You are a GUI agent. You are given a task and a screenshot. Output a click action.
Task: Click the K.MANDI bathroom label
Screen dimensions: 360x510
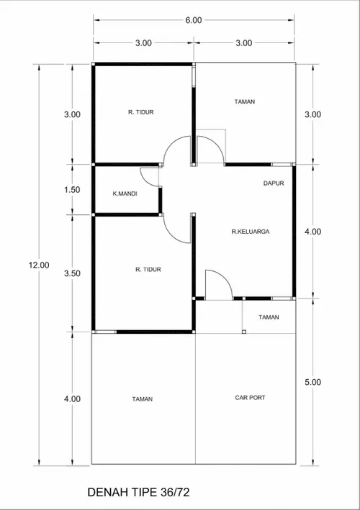tap(125, 193)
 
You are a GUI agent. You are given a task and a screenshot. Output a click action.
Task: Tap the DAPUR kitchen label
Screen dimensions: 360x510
tap(274, 183)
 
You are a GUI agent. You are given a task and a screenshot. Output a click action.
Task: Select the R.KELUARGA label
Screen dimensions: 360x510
tap(251, 232)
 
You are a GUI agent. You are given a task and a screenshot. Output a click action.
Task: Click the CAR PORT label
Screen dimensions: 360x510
tap(250, 398)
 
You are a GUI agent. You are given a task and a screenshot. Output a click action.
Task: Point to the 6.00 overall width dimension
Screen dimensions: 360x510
tap(194, 20)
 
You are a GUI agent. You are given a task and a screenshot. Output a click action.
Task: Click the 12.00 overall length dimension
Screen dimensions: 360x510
tap(39, 265)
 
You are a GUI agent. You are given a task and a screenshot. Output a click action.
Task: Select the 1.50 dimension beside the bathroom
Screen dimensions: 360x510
tap(72, 190)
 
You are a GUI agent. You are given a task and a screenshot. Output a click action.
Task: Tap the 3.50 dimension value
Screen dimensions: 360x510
tap(72, 273)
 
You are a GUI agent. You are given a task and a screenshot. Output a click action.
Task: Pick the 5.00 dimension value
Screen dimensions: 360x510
tap(312, 382)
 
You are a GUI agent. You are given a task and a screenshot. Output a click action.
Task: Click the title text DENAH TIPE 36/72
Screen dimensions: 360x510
tap(138, 492)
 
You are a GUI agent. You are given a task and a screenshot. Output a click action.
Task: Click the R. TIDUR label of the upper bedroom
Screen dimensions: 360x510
tap(141, 112)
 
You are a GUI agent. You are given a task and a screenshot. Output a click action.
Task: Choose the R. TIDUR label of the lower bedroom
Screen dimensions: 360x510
tap(148, 270)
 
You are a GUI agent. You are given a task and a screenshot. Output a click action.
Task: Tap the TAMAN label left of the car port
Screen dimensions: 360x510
tap(143, 399)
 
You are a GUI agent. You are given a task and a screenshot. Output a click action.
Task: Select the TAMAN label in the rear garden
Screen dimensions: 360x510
tap(245, 102)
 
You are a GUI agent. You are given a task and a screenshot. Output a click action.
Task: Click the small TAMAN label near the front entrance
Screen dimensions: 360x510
tap(269, 317)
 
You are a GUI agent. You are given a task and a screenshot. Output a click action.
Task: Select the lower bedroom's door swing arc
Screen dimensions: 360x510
tap(171, 234)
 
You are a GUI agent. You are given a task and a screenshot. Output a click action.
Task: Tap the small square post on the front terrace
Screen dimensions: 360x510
tap(244, 332)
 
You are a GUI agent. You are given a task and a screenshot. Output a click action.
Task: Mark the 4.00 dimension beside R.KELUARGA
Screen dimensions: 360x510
tap(312, 232)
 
